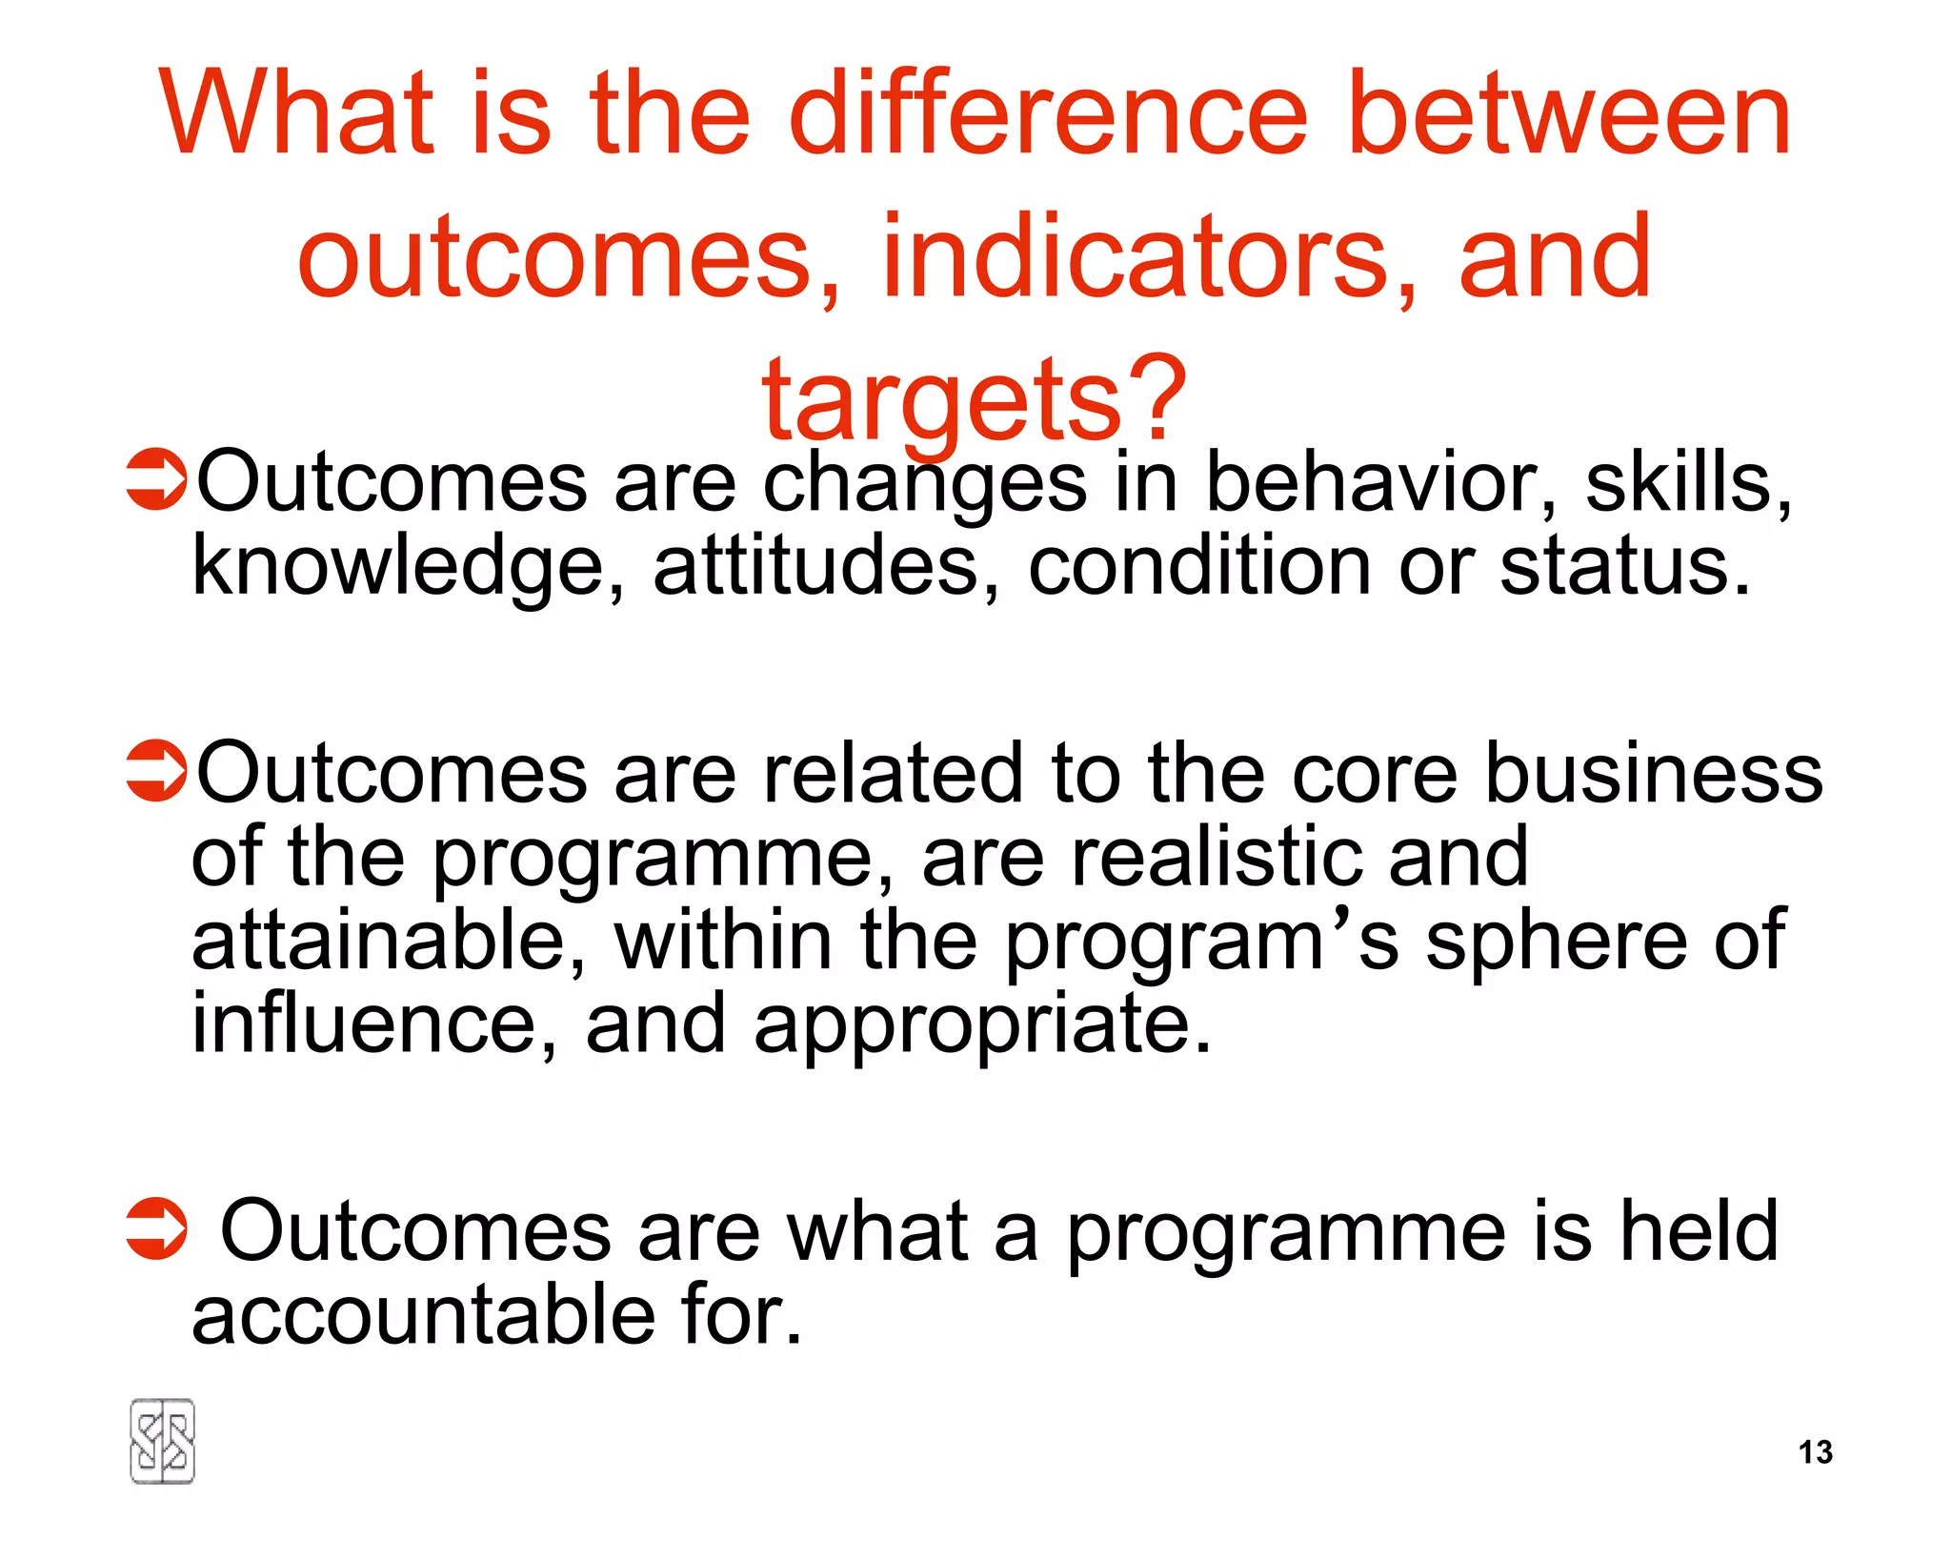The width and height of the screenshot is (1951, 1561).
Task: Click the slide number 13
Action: coord(1815,1451)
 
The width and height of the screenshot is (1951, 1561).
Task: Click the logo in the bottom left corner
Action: coord(162,1441)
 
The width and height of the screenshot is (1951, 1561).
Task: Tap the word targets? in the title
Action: coord(975,401)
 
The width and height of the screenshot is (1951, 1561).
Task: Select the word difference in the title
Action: coord(1048,114)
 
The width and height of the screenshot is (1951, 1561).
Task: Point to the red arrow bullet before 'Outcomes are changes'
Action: coord(155,479)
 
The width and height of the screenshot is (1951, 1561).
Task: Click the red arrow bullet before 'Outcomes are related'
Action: coord(155,770)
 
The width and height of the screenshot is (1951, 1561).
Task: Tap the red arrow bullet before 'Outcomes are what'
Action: coord(155,1228)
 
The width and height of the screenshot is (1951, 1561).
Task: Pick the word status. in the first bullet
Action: coord(1625,566)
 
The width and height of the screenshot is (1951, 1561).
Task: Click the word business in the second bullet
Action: coord(1654,773)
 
